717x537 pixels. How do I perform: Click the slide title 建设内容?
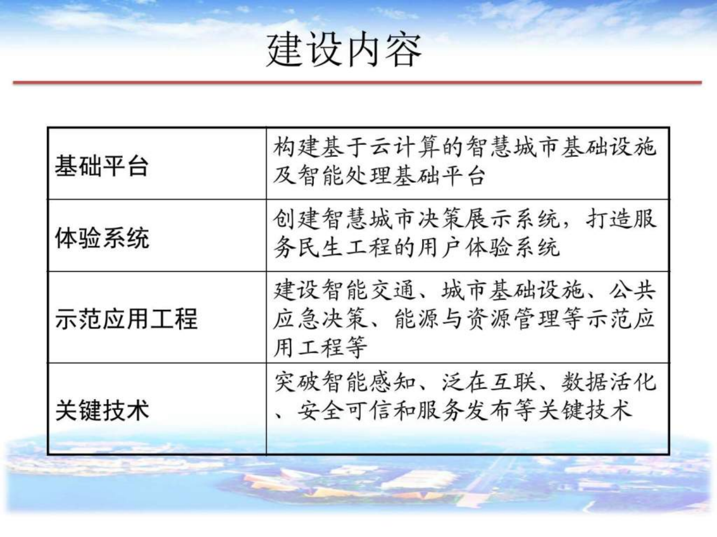344,51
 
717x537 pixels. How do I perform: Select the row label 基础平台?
102,166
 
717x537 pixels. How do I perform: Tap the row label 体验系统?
102,238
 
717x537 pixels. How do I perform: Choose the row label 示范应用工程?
126,319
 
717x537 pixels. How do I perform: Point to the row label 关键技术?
102,410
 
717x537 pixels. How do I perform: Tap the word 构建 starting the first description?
297,147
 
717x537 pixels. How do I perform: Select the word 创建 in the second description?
297,219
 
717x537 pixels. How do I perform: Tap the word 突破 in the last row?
297,382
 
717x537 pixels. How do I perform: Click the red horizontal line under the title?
357,82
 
